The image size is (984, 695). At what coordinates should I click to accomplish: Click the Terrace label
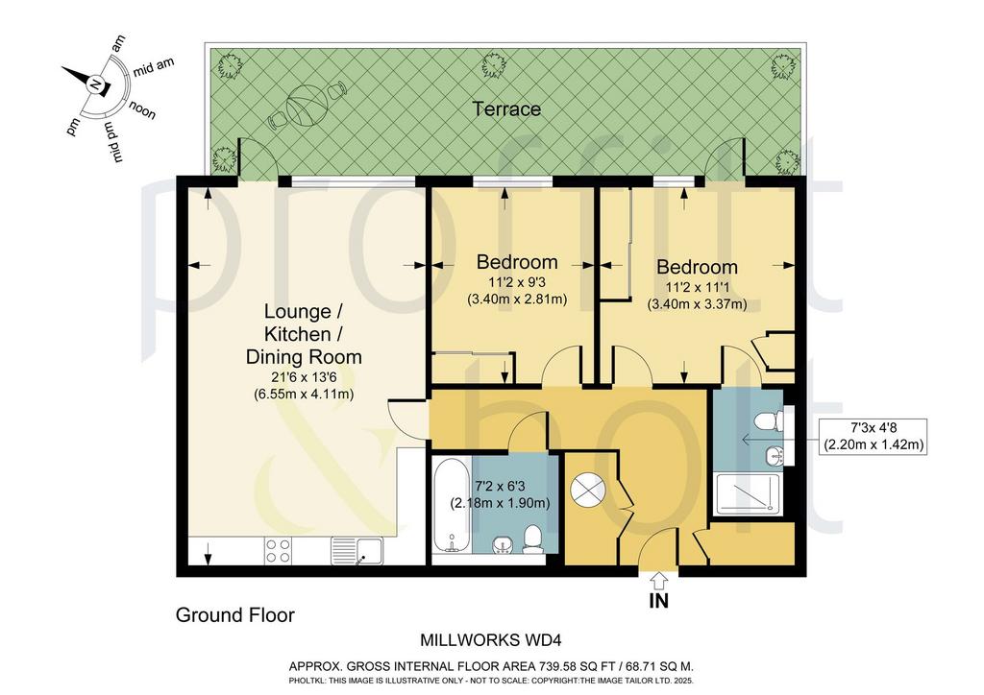pyautogui.click(x=505, y=109)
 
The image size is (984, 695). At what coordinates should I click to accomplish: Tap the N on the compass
pyautogui.click(x=96, y=84)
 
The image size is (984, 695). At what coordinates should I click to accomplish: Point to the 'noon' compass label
pyautogui.click(x=142, y=110)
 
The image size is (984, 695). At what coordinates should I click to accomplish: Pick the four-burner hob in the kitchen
pyautogui.click(x=278, y=551)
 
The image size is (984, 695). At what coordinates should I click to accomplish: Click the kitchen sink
pyautogui.click(x=357, y=551)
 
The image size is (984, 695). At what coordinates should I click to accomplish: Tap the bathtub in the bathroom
pyautogui.click(x=452, y=506)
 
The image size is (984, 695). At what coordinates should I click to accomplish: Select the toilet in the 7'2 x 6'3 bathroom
pyautogui.click(x=532, y=539)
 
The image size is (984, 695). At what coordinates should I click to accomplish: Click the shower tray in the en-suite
pyautogui.click(x=748, y=494)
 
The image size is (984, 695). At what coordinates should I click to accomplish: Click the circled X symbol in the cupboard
pyautogui.click(x=588, y=490)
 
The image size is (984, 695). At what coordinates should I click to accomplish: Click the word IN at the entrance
pyautogui.click(x=659, y=601)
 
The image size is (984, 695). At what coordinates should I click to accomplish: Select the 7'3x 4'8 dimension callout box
pyautogui.click(x=873, y=436)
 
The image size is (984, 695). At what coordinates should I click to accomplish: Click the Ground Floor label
pyautogui.click(x=235, y=614)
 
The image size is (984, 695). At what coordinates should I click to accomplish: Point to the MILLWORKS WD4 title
pyautogui.click(x=490, y=640)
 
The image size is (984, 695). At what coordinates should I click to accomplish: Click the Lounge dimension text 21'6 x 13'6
pyautogui.click(x=304, y=378)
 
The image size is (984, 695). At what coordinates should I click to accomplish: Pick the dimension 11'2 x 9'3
pyautogui.click(x=517, y=282)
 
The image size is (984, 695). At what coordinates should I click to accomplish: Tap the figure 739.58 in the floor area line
pyautogui.click(x=560, y=667)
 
